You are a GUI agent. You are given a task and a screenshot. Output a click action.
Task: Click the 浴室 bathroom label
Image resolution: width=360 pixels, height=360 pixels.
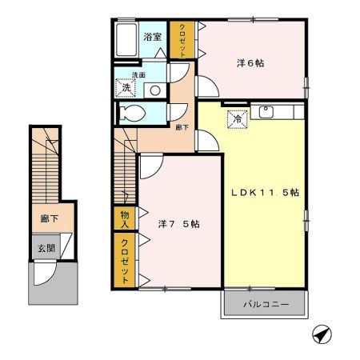pyautogui.click(x=153, y=37)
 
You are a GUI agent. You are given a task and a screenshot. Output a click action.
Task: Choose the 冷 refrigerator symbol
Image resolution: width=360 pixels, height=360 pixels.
pyautogui.click(x=238, y=119)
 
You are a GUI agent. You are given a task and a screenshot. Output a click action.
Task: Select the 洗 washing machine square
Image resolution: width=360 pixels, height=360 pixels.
pyautogui.click(x=126, y=87)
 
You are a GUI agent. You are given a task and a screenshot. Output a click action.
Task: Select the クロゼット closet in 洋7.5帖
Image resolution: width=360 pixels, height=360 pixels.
pyautogui.click(x=126, y=261)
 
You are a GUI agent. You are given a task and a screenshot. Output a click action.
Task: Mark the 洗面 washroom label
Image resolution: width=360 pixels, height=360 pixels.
pyautogui.click(x=139, y=75)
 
